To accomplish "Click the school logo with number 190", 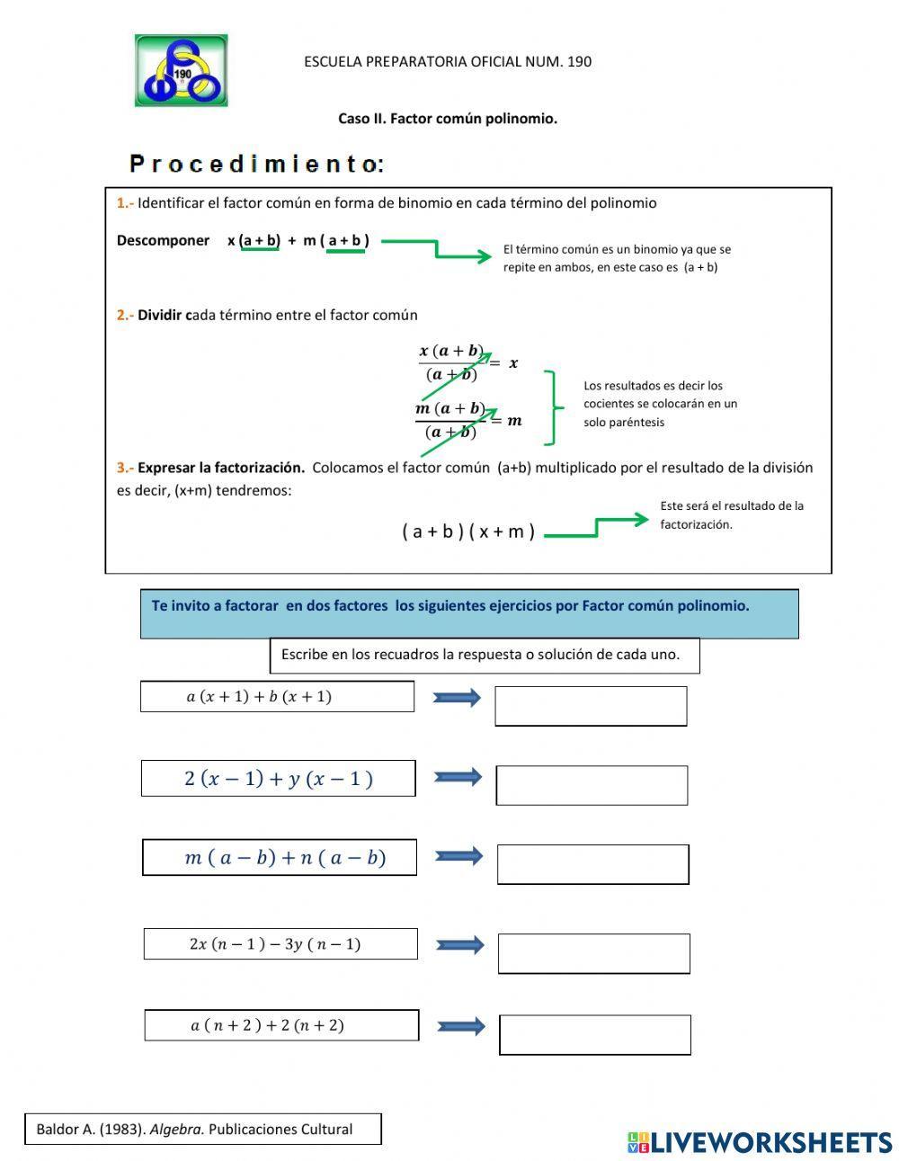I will (181, 71).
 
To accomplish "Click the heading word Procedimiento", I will (257, 164).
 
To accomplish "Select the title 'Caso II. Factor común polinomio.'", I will (448, 119).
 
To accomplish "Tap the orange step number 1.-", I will (125, 203).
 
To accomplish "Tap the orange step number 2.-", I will (125, 316).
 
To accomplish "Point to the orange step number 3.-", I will (125, 468).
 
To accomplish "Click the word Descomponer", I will (163, 241).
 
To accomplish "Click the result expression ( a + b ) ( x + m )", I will (468, 531).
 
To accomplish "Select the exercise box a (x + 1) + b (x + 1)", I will (277, 697).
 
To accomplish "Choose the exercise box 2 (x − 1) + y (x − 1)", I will (278, 779).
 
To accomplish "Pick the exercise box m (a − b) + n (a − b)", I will (279, 858).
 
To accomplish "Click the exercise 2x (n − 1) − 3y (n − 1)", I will (280, 944).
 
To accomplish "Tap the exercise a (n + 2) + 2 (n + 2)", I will (281, 1025).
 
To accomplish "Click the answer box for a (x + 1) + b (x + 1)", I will (591, 706).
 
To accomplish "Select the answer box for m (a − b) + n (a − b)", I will (593, 864).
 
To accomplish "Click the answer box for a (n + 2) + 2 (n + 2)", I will (595, 1035).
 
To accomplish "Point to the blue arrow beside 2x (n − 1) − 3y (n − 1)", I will (460, 945).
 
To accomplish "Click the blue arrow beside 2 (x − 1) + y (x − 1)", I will (458, 777).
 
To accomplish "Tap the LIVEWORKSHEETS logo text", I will (760, 1142).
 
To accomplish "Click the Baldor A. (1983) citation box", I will (202, 1130).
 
